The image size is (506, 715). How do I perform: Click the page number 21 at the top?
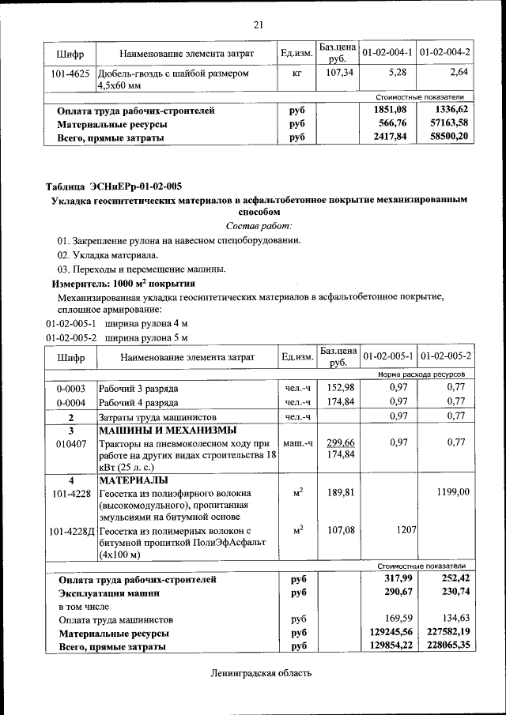click(258, 24)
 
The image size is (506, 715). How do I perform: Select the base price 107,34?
click(338, 73)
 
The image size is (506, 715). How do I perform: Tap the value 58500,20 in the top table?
click(448, 137)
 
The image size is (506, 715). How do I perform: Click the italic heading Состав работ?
click(258, 226)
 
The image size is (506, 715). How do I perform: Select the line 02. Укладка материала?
click(108, 254)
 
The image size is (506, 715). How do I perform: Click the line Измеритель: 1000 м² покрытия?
click(123, 283)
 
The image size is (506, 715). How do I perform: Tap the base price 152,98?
click(338, 388)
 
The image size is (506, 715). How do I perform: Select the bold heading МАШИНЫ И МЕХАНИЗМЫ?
click(167, 431)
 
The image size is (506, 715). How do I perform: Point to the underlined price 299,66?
click(338, 442)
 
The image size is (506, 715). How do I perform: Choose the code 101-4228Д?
click(70, 530)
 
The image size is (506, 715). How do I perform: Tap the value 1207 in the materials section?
click(404, 529)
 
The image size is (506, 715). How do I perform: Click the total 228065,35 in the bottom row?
click(445, 645)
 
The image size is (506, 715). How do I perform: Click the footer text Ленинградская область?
click(261, 673)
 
